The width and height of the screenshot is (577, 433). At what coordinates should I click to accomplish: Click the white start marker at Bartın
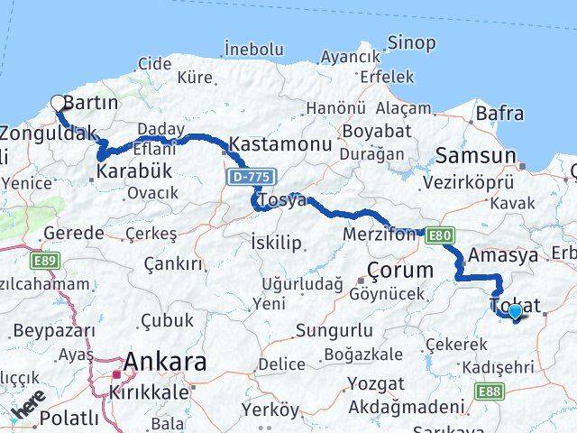[59, 103]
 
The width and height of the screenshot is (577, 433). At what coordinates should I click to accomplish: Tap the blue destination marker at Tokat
[515, 312]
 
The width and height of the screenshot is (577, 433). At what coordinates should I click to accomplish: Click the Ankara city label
[165, 363]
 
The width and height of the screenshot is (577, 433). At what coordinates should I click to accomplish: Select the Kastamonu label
[271, 143]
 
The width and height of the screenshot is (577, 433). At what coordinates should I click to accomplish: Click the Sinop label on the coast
[411, 42]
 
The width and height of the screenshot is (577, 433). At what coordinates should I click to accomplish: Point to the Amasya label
[510, 255]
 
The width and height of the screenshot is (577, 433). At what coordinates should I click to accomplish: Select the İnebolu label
[259, 47]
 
